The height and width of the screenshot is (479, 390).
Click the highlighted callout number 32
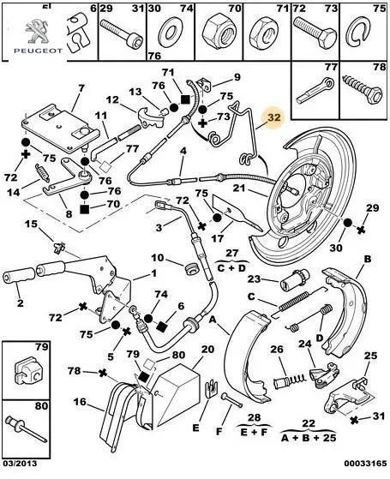click(x=274, y=117)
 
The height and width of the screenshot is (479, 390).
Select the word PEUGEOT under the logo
click(x=39, y=51)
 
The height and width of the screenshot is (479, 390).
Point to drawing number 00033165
click(x=365, y=464)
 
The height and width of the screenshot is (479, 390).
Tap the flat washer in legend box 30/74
click(x=171, y=31)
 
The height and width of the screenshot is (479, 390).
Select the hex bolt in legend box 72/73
click(x=315, y=31)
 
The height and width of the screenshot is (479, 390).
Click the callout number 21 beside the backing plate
click(x=239, y=188)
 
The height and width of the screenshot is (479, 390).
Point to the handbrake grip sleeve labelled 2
click(x=19, y=275)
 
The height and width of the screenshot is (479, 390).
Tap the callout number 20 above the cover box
click(x=207, y=349)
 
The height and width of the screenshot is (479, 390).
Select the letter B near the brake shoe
click(x=368, y=259)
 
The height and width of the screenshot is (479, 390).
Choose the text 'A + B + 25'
click(x=309, y=438)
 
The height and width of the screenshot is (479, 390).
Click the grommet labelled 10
click(x=193, y=268)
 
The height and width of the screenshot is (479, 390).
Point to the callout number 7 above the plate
click(x=81, y=88)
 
